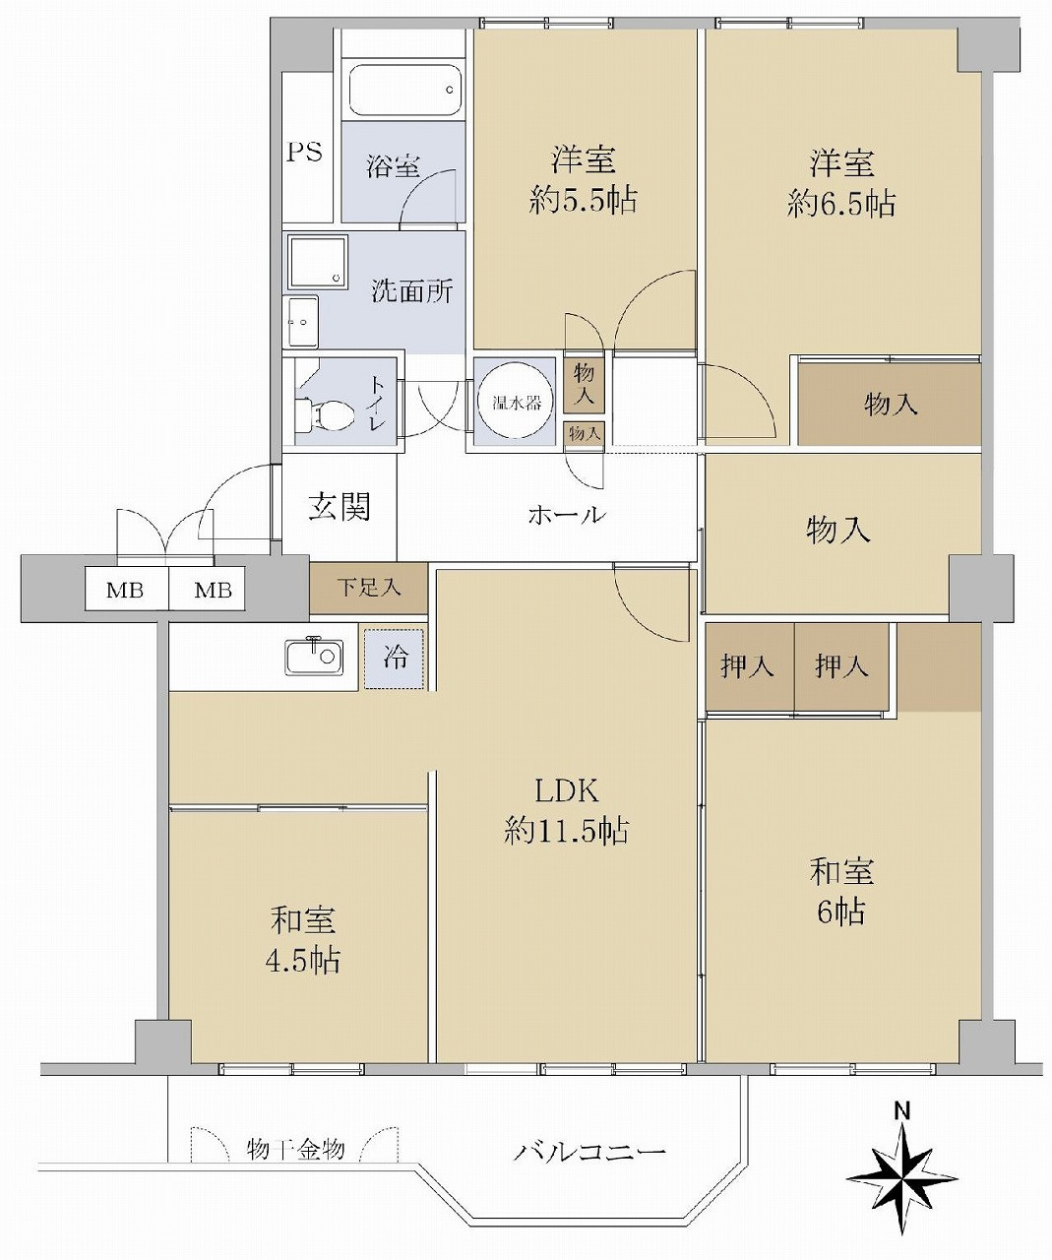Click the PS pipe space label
304,152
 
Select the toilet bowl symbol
326,414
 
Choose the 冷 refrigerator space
395,658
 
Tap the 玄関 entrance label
340,508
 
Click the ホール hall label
567,516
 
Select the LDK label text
567,791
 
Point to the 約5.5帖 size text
583,200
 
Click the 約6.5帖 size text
841,204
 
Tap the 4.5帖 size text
303,960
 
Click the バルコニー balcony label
589,1153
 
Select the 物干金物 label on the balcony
295,1149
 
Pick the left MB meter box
126,589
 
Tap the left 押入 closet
748,666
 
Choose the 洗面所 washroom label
411,292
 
